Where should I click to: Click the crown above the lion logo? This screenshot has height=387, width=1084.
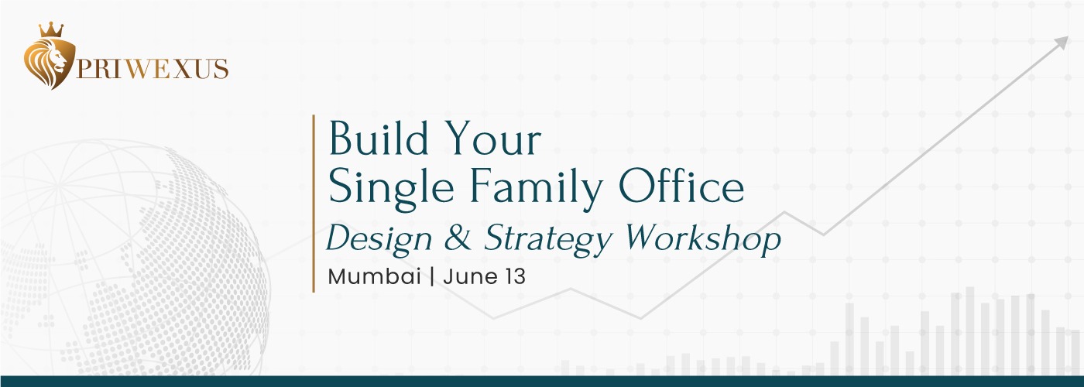point(51,30)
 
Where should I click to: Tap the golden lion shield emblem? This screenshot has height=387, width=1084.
point(50,63)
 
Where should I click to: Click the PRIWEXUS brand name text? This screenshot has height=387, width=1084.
point(152,69)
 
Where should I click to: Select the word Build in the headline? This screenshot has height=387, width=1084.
point(379,139)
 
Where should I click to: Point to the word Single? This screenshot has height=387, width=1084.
point(391,189)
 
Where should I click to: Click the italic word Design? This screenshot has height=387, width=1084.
point(379,239)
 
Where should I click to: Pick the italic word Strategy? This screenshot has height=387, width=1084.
point(548,239)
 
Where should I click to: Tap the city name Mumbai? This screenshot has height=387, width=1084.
point(374,277)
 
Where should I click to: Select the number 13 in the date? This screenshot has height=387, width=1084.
point(515,277)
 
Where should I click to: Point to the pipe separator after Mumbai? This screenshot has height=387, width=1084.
point(432,277)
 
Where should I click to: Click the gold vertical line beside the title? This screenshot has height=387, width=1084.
point(314,203)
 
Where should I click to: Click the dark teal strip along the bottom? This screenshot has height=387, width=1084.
point(542,381)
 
